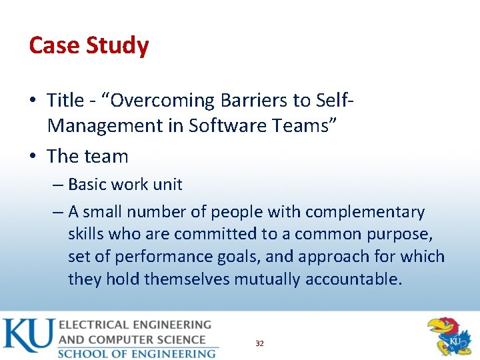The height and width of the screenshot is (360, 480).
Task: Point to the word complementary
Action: tap(363, 212)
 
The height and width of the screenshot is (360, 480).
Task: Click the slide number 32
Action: tap(259, 343)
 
